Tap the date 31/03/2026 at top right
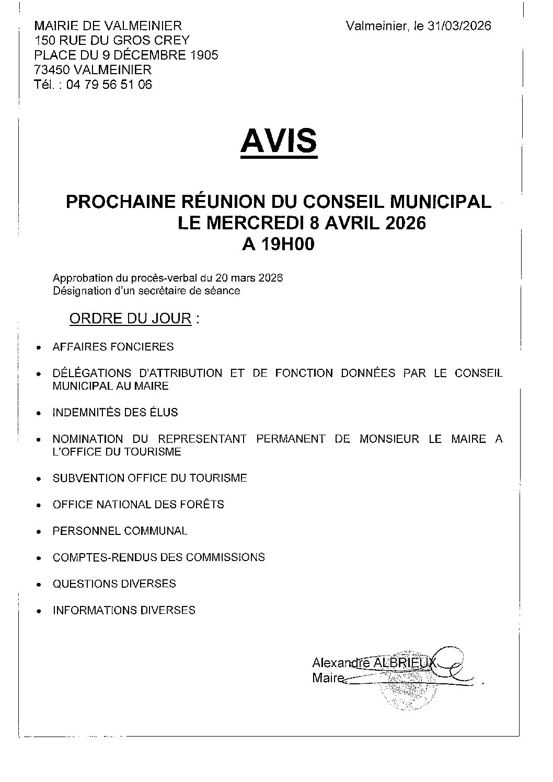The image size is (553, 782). (x=459, y=26)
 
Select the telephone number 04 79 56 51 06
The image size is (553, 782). (x=109, y=84)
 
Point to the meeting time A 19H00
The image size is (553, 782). (x=278, y=244)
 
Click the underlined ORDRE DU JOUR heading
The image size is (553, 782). (x=130, y=318)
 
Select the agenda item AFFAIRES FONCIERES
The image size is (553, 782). (x=113, y=347)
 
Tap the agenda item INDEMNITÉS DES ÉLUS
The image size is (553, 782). (x=115, y=413)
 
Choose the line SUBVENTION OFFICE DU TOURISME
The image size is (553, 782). (x=149, y=478)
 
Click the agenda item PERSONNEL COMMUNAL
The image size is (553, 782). (x=120, y=531)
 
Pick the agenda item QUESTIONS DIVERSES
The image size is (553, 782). (x=114, y=583)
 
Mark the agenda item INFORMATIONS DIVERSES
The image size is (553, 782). (x=124, y=610)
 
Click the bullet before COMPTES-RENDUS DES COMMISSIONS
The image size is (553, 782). (x=38, y=558)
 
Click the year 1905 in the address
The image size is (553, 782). (x=203, y=55)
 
